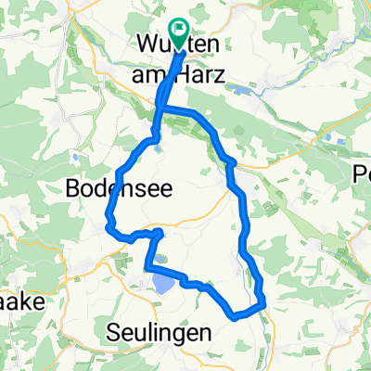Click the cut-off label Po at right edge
pyautogui.click(x=362, y=173)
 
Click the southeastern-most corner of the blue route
pyautogui.click(x=264, y=303)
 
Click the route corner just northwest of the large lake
pyautogui.click(x=147, y=268)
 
